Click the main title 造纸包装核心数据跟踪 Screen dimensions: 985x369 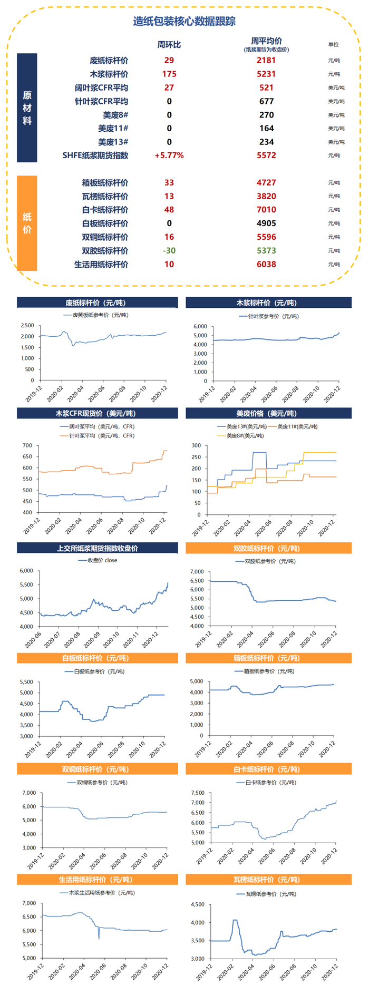184,22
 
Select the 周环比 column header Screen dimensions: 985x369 169,45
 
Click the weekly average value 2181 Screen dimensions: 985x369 266,61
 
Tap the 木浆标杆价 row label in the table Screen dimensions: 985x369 109,74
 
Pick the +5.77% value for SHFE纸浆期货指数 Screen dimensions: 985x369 169,155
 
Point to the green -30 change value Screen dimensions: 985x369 169,251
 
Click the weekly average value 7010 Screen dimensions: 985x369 266,210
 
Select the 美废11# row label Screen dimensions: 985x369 113,129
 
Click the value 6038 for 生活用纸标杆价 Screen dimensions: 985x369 266,265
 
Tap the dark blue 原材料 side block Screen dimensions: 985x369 27,108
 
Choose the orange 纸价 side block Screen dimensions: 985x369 27,223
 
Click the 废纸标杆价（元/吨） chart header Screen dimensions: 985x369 97,303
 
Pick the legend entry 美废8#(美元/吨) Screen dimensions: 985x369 242,436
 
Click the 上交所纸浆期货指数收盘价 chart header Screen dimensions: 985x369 97,548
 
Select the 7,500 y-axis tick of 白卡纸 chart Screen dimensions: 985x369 197,793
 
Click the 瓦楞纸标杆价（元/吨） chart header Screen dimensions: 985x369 268,880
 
